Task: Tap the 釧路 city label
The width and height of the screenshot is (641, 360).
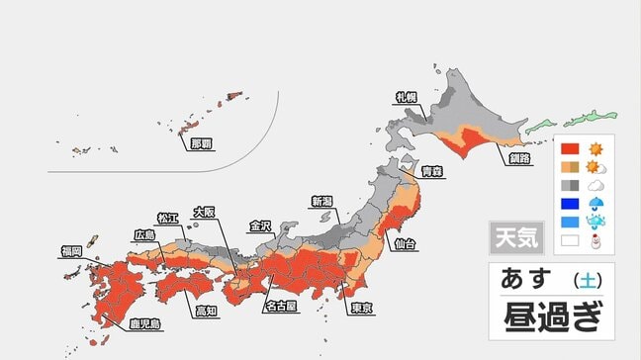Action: point(519,158)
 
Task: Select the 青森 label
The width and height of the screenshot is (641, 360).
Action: point(431,172)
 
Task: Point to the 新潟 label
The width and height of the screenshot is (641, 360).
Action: point(323,201)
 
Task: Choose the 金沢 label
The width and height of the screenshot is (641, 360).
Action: point(260,225)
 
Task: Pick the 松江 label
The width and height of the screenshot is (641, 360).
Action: point(169,217)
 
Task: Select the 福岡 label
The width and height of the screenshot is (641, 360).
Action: point(71,251)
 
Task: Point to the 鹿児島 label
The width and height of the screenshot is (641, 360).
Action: point(144,323)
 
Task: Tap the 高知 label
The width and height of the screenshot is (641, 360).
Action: point(206,312)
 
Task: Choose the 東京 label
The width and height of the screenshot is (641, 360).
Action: point(362,308)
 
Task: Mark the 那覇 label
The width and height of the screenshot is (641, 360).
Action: point(201,142)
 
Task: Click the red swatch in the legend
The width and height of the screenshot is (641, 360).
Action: point(570,149)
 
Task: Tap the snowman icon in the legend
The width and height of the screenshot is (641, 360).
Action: point(596,238)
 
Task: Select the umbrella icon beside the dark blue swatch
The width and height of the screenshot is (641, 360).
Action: point(596,203)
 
